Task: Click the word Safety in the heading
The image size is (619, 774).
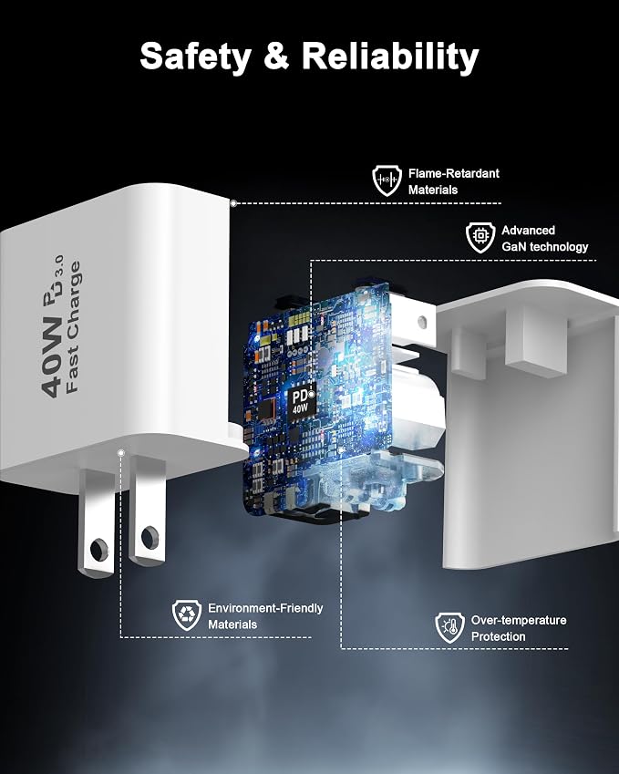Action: [x=195, y=57]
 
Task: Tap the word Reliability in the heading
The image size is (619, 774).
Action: [x=390, y=57]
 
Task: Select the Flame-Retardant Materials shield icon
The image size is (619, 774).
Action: [x=387, y=181]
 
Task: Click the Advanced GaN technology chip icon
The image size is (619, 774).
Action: [x=480, y=237]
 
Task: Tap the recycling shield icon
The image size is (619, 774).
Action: [x=187, y=615]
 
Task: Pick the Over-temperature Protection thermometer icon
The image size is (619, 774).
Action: [x=449, y=627]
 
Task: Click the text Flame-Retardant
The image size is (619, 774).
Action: [x=454, y=173]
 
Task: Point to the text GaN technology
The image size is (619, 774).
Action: [x=545, y=246]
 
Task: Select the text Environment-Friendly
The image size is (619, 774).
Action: [x=265, y=608]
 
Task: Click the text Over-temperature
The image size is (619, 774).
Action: [x=519, y=620]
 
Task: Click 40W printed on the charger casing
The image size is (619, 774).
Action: [x=51, y=356]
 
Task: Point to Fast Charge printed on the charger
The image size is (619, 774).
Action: [x=73, y=326]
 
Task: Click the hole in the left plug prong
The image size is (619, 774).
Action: [x=98, y=549]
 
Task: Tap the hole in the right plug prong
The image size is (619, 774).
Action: [x=150, y=537]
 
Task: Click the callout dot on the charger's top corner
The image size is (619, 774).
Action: [x=233, y=203]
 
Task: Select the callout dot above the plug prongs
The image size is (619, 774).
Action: [x=121, y=452]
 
